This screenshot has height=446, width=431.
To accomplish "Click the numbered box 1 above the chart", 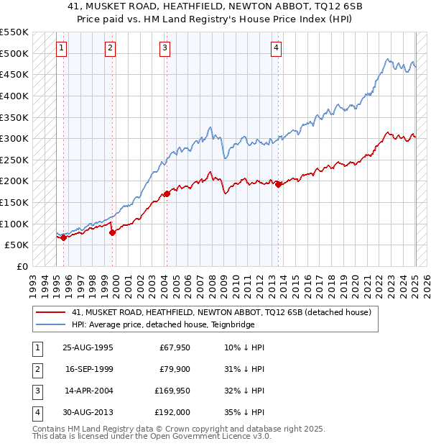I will click(x=61, y=48).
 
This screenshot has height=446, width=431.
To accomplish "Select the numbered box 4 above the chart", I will click(x=276, y=48).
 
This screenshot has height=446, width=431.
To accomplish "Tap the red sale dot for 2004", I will click(x=167, y=194).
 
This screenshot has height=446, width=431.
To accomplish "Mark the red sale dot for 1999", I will click(x=113, y=232).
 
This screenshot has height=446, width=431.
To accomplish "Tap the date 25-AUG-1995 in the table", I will click(x=88, y=347).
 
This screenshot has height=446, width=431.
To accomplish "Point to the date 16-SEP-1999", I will click(x=88, y=369).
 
